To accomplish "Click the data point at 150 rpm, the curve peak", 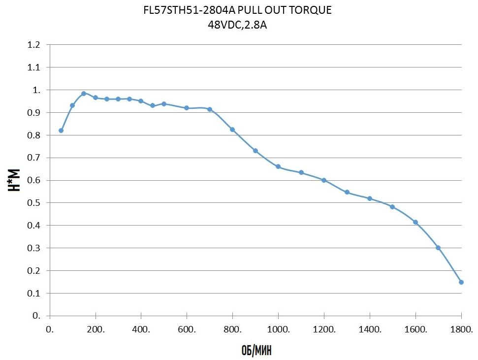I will coord(84,93).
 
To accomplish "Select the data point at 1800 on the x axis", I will coord(461,282).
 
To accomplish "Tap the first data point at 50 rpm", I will coord(61,131).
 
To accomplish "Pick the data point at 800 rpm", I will coord(232,130).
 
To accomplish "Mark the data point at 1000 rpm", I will coord(278,166).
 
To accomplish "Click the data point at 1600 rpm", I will coord(415,222).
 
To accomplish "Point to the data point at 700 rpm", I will coord(210,109).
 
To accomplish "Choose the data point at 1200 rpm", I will coord(324,180).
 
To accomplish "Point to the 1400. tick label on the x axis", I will coord(370,329).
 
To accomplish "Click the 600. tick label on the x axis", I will coord(187,329).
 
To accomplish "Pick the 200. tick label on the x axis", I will coord(95,329).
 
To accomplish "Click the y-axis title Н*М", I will coord(15,180).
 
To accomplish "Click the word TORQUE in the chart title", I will coord(311,10).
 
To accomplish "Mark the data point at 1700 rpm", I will coord(438,248).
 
